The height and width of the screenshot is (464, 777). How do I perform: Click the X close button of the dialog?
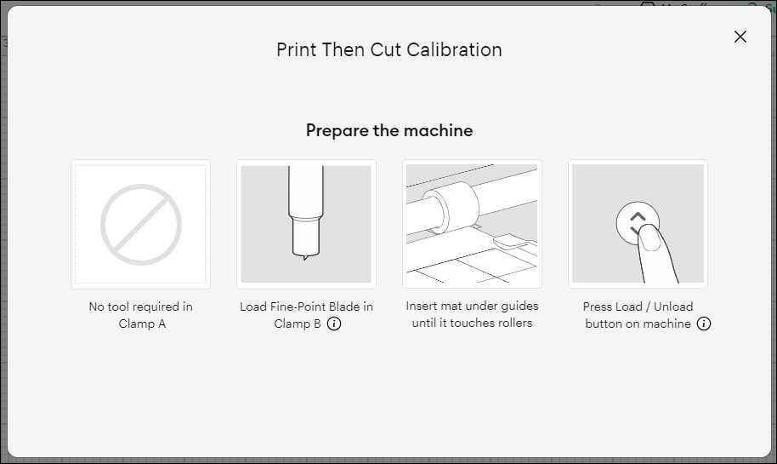click(x=740, y=37)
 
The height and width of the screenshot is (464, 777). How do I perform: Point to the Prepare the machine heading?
click(x=389, y=130)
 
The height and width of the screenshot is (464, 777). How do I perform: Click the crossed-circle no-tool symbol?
click(x=141, y=225)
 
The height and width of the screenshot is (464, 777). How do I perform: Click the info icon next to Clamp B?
click(x=334, y=324)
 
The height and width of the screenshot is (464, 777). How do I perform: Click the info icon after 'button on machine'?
click(x=704, y=324)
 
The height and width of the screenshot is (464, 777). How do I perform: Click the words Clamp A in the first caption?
click(x=136, y=324)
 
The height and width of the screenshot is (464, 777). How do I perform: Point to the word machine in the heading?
click(x=440, y=130)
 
